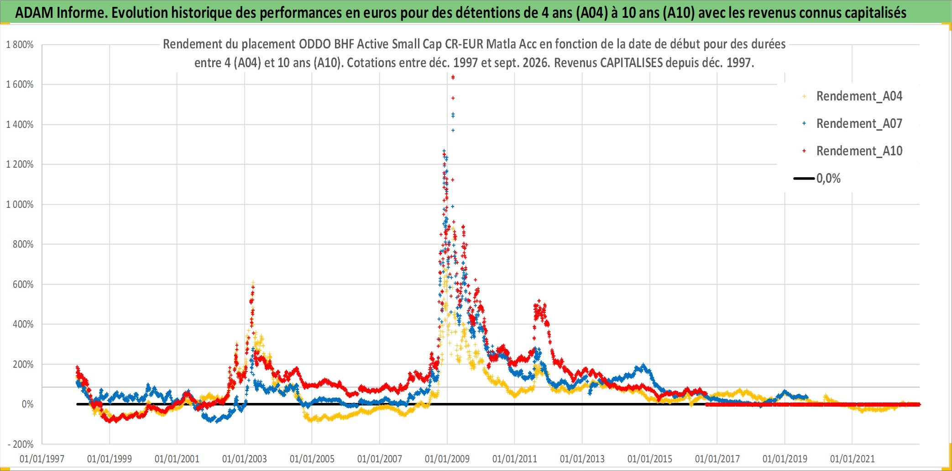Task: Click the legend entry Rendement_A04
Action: pyautogui.click(x=859, y=96)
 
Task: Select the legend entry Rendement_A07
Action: pyautogui.click(x=859, y=124)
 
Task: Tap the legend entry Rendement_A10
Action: pyautogui.click(x=859, y=151)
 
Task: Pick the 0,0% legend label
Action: pyautogui.click(x=828, y=178)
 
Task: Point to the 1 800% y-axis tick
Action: pyautogui.click(x=20, y=45)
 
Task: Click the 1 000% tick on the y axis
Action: pyautogui.click(x=20, y=205)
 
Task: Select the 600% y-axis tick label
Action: pyautogui.click(x=23, y=285)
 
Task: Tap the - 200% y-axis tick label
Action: pyautogui.click(x=21, y=445)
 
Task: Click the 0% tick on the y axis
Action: pyautogui.click(x=27, y=404)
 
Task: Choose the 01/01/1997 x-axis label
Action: pyautogui.click(x=42, y=459)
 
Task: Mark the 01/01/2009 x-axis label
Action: pyautogui.click(x=447, y=459)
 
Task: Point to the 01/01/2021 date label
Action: pyautogui.click(x=853, y=459)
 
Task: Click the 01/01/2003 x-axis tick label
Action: pyautogui.click(x=245, y=459)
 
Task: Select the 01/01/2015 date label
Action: pyautogui.click(x=650, y=459)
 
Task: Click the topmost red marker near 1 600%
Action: pyautogui.click(x=453, y=77)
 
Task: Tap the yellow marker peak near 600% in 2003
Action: pyautogui.click(x=253, y=283)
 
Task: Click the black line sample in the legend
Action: pyautogui.click(x=804, y=178)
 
